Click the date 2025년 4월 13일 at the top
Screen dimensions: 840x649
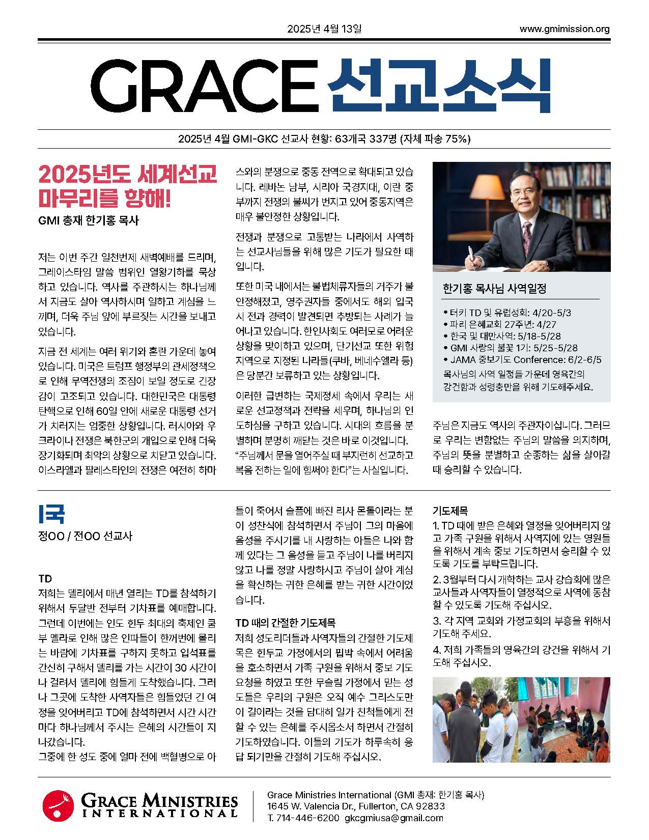point(324,29)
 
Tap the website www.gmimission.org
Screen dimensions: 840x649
point(564,29)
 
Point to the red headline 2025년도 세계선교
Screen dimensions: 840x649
point(127,175)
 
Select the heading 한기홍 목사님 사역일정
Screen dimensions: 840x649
point(495,289)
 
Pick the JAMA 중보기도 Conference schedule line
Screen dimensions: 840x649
point(522,360)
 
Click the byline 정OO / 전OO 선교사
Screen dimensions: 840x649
point(85,536)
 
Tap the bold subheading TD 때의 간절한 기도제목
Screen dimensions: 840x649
point(285,623)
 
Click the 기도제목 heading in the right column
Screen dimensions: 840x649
point(450,511)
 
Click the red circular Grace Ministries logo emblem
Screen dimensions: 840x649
point(58,806)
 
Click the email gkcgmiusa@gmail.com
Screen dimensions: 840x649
point(393,818)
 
